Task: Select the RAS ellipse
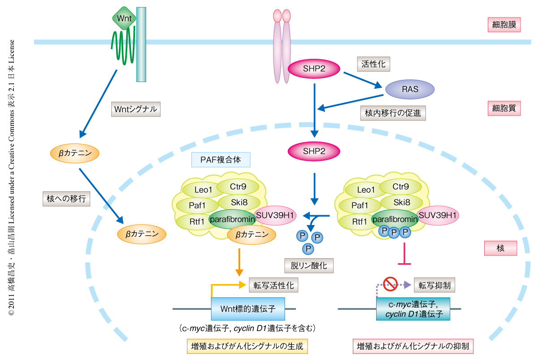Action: (410, 89)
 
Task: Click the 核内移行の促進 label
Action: (393, 113)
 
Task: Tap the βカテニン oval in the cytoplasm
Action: (75, 153)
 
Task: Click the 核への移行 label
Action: (65, 198)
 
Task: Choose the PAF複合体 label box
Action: (221, 160)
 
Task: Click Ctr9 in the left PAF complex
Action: (238, 186)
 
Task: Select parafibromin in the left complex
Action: (232, 219)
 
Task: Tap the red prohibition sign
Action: (390, 283)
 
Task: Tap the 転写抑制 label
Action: (434, 285)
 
